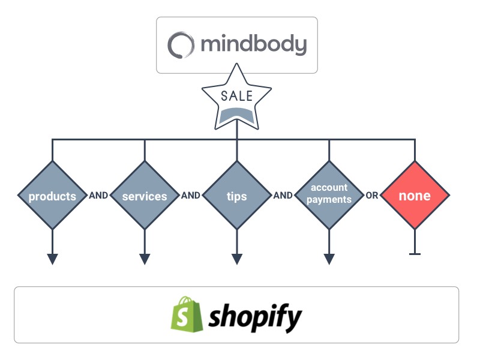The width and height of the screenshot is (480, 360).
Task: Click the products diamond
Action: pos(53,196)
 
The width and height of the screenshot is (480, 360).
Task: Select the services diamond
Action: pos(145,196)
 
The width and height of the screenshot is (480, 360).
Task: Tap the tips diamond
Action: pos(237,196)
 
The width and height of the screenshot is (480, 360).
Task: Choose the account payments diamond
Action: pos(329,195)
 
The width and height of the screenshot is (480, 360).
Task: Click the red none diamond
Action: pos(415,196)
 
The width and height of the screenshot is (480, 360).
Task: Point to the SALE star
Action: pos(236,100)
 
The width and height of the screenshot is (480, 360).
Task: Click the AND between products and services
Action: pos(98,196)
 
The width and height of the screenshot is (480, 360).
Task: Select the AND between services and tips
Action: pos(191,196)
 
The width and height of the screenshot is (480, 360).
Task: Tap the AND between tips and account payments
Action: pos(283,196)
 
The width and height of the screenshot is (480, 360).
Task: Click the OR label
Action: pos(372,196)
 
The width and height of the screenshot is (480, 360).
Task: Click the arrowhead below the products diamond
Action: pos(53,259)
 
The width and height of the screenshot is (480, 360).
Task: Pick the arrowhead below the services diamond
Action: pos(145,259)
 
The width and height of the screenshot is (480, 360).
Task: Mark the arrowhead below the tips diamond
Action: pos(237,259)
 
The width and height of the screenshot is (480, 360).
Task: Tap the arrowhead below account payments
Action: pos(329,259)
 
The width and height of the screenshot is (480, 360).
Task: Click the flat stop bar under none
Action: pos(415,254)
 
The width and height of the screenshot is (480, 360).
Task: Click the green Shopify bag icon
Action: pos(186,313)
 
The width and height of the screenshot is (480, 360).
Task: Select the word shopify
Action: pos(255,316)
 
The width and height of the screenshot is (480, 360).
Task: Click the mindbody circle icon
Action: pos(181,45)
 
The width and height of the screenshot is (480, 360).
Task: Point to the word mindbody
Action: pos(254,44)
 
